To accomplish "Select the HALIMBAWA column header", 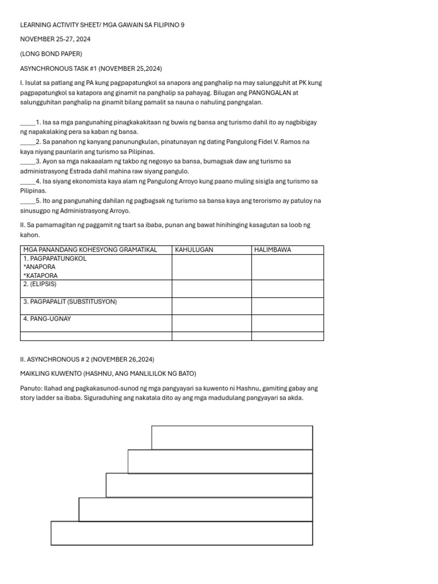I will [273, 250].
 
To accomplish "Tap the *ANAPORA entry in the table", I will [39, 267].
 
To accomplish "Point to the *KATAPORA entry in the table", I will [40, 275].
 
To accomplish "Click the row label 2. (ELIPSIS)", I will [40, 284].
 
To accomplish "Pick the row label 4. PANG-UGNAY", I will [47, 319].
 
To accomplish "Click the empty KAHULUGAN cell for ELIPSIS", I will [212, 288].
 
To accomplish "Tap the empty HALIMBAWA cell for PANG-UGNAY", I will [287, 323].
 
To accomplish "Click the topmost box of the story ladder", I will [232, 437].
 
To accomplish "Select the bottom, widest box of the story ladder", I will [181, 533].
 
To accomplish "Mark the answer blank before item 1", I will [27, 123].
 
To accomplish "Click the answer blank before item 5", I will [27, 201].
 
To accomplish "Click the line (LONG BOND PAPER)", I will [51, 54].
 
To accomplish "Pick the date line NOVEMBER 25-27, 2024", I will [55, 39].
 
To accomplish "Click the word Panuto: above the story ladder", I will [31, 388].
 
